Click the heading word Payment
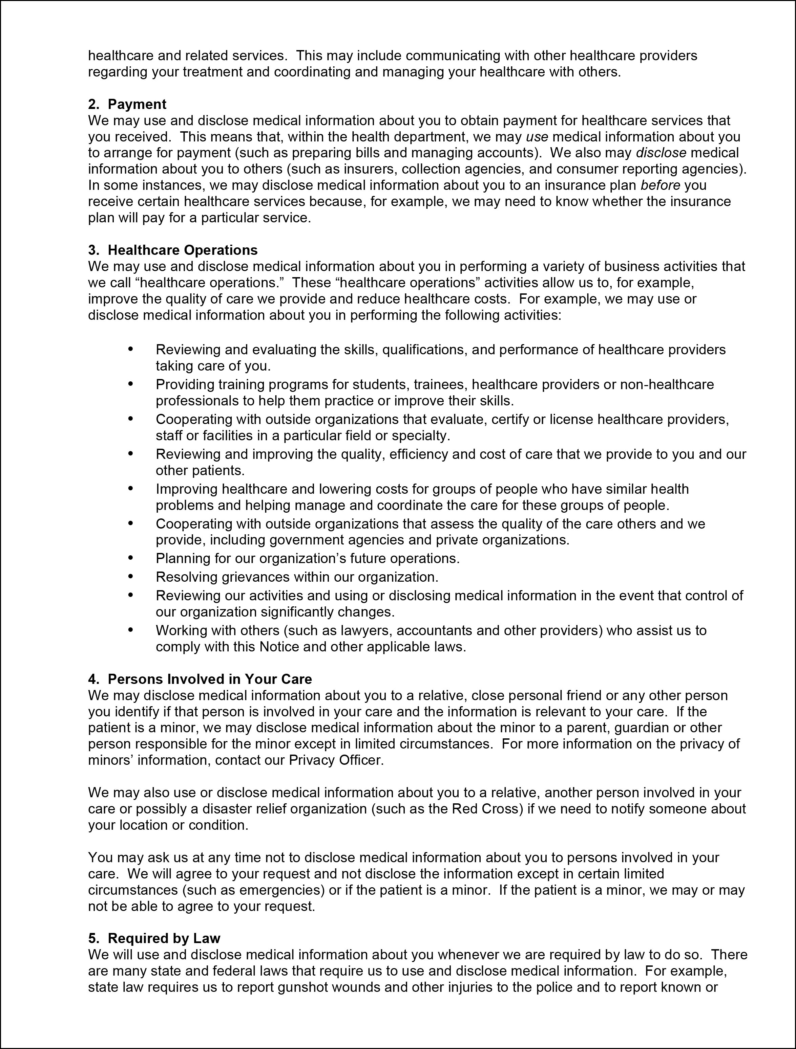tap(137, 104)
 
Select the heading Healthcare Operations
tap(183, 250)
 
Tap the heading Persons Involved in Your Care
tap(210, 679)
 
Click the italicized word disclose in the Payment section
tap(661, 153)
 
